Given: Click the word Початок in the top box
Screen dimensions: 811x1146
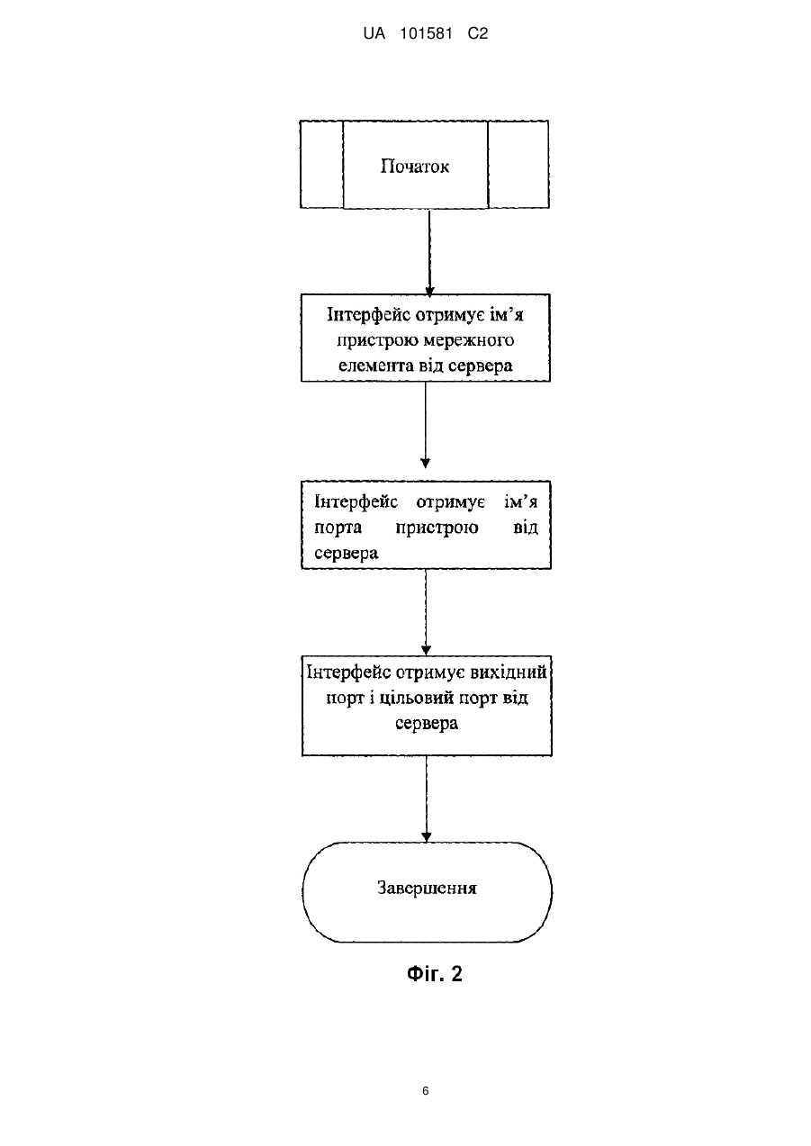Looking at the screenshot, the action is coord(414,167).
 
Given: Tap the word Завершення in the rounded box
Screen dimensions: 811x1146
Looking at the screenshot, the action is coord(427,887).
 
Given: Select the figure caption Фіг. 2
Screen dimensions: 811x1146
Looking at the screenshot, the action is coord(435,973).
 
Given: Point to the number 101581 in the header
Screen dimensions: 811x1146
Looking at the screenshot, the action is coord(426,33).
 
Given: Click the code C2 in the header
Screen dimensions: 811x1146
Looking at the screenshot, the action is coord(478,33).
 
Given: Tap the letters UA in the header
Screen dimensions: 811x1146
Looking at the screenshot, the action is coord(374,33).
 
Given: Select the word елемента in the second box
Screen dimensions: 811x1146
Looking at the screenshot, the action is coord(376,365).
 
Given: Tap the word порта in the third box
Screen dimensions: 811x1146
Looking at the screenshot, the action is coord(338,528).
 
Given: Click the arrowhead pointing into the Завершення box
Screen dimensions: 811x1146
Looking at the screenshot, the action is coord(427,837).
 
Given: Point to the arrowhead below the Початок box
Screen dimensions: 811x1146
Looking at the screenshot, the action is coord(430,291).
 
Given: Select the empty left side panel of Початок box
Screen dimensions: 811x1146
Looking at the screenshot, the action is coord(322,164).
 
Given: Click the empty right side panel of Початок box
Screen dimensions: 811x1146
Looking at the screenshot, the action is coord(518,164).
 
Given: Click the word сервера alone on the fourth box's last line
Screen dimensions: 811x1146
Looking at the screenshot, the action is coord(427,724).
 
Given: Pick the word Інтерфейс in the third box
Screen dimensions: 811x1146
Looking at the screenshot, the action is coord(356,501).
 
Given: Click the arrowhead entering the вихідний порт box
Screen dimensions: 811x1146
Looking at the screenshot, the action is coord(427,650).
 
